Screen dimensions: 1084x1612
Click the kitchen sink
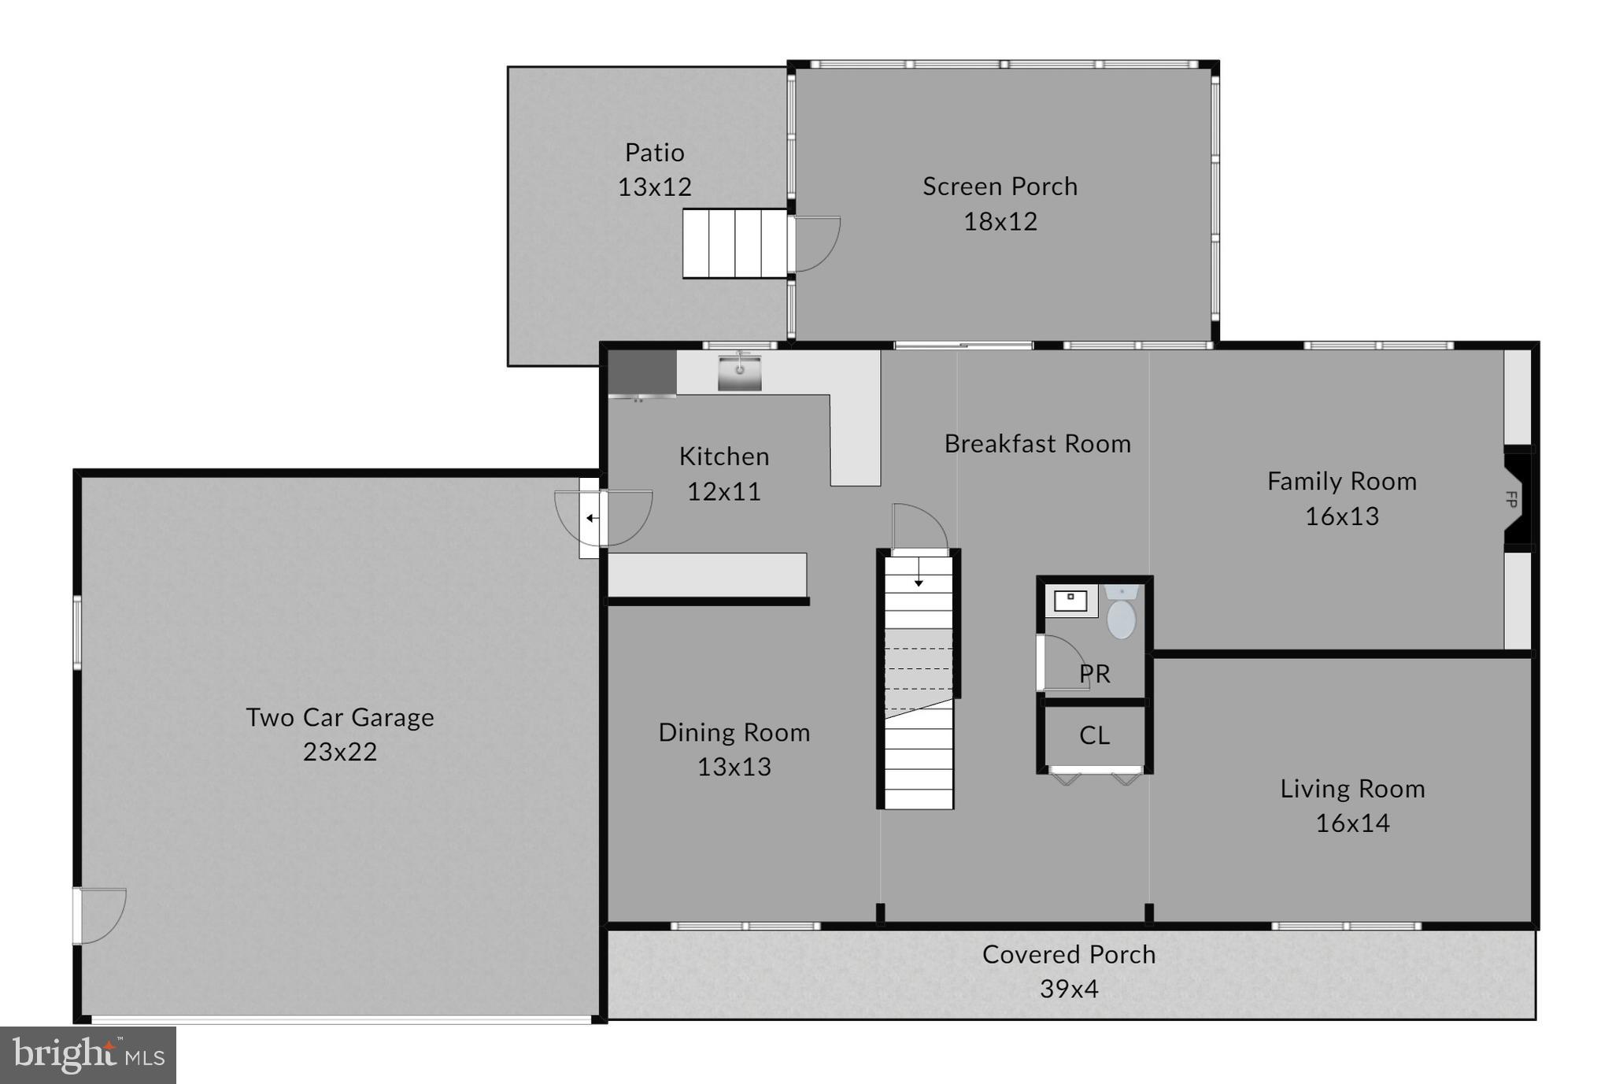tap(739, 372)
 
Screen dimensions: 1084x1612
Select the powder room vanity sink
tap(1070, 601)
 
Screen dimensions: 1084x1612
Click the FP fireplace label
tap(1510, 499)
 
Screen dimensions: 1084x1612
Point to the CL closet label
tap(1094, 735)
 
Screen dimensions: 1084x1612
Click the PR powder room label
tap(1095, 674)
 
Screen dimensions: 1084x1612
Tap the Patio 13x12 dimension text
tap(654, 187)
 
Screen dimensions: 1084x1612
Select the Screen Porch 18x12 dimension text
tap(1000, 221)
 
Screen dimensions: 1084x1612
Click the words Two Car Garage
tap(339, 717)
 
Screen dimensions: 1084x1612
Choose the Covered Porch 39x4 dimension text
tap(1069, 989)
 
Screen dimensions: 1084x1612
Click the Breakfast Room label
tap(1037, 444)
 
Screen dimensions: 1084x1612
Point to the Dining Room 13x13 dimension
tap(734, 767)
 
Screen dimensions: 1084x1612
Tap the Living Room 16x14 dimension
tap(1352, 823)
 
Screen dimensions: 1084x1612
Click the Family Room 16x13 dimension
tap(1342, 516)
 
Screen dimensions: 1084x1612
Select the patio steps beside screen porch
tap(734, 243)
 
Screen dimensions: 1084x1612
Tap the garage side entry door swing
tap(101, 915)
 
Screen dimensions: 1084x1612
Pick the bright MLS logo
tap(87, 1055)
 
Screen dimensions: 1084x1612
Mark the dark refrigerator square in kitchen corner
tap(641, 372)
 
